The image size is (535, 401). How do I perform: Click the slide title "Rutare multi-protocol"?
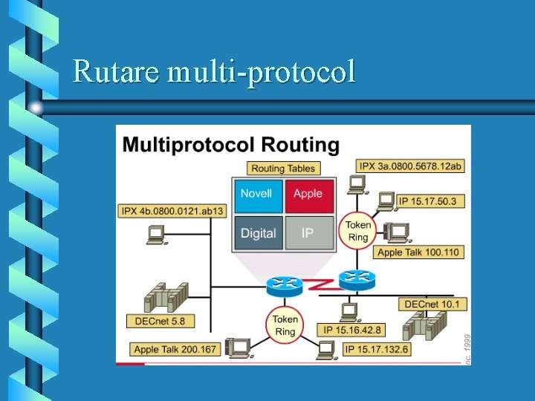(214, 72)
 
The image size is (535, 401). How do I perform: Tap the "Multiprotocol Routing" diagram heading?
(230, 144)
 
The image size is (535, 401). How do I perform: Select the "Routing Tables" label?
(283, 169)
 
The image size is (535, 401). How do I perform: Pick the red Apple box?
(308, 194)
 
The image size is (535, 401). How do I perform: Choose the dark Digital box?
(258, 233)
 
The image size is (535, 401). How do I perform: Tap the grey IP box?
(308, 233)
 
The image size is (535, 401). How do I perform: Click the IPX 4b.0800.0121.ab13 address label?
(172, 211)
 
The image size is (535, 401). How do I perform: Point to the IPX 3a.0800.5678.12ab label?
(410, 166)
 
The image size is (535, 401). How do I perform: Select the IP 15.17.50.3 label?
(427, 200)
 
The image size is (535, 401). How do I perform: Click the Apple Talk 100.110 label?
(418, 252)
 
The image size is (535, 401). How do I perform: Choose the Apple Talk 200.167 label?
(175, 349)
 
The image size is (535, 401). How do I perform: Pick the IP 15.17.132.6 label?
(377, 349)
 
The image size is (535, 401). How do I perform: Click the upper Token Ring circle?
(358, 231)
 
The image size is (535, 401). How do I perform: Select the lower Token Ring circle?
(285, 325)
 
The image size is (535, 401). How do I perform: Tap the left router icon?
(285, 283)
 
